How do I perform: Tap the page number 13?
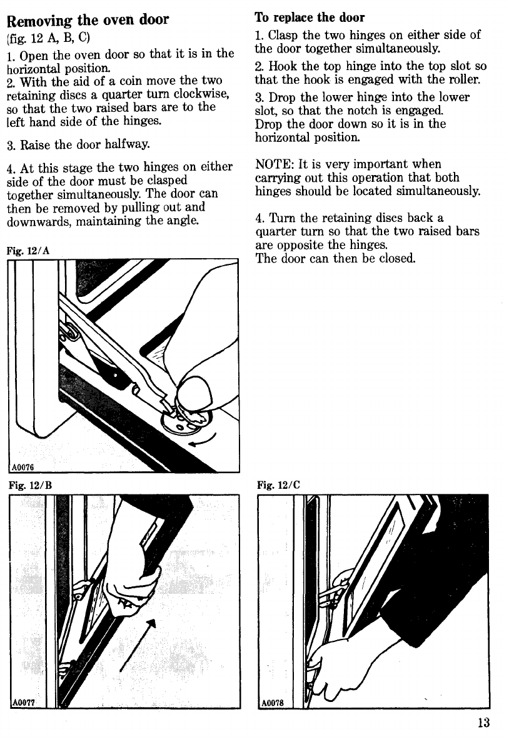pos(482,723)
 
